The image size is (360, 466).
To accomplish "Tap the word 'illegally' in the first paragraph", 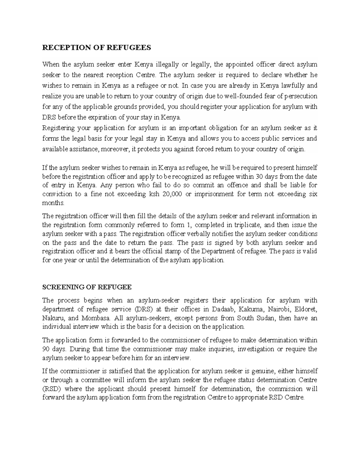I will tap(164, 64).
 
